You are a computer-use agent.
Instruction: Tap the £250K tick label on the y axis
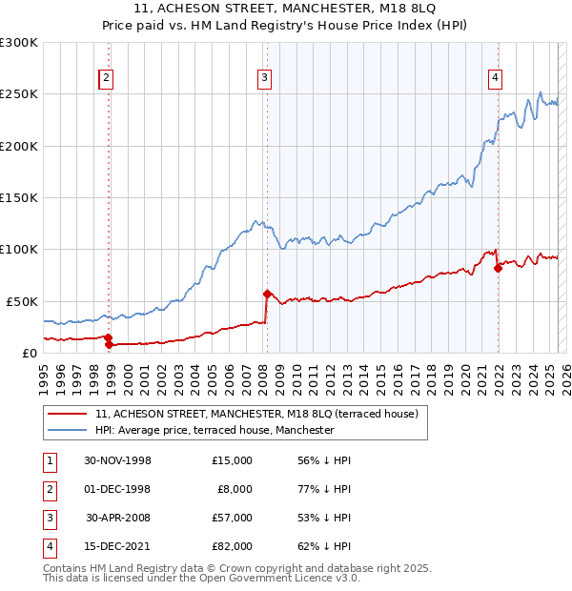click(x=19, y=94)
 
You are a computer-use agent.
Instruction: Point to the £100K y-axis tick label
click(x=19, y=249)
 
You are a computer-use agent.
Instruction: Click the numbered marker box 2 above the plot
click(x=107, y=79)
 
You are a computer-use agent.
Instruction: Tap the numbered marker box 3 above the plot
click(x=264, y=79)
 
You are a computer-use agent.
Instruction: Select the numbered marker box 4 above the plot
click(x=496, y=79)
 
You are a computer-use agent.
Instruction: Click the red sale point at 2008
click(x=267, y=294)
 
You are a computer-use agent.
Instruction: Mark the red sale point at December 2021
click(x=498, y=268)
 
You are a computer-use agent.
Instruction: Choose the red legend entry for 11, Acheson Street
click(x=256, y=415)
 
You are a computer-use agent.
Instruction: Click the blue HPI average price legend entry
click(x=214, y=430)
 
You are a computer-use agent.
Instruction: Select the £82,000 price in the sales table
click(x=232, y=546)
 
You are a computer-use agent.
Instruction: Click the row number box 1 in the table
click(x=48, y=460)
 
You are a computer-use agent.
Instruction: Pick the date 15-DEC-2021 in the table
click(x=117, y=546)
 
